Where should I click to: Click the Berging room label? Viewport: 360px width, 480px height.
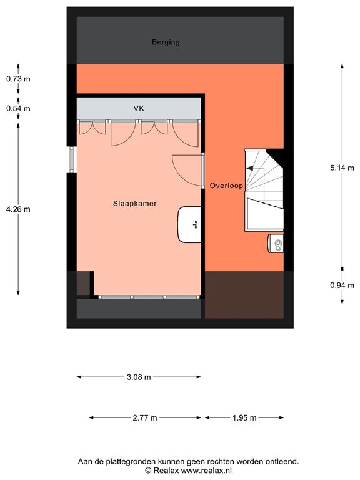pyautogui.click(x=166, y=42)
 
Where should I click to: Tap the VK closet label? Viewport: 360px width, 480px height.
pyautogui.click(x=139, y=109)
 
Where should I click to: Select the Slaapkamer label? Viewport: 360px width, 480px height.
pyautogui.click(x=134, y=204)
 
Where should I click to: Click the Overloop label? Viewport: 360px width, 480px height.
pyautogui.click(x=226, y=186)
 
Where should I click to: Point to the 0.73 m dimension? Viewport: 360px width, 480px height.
pyautogui.click(x=18, y=79)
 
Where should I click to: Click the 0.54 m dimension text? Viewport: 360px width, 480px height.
pyautogui.click(x=18, y=108)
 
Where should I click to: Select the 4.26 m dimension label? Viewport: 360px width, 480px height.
pyautogui.click(x=18, y=209)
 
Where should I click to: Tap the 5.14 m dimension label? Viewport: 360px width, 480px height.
pyautogui.click(x=342, y=167)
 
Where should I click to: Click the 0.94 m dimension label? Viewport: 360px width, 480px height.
pyautogui.click(x=342, y=285)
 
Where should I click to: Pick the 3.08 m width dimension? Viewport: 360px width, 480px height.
pyautogui.click(x=139, y=377)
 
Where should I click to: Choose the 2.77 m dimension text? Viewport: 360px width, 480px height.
pyautogui.click(x=145, y=418)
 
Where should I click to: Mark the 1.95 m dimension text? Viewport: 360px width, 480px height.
pyautogui.click(x=244, y=418)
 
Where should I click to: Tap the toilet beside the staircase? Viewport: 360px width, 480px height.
pyautogui.click(x=276, y=244)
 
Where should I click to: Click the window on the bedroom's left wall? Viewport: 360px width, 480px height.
pyautogui.click(x=71, y=159)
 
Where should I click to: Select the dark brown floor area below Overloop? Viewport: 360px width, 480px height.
pyautogui.click(x=244, y=294)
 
